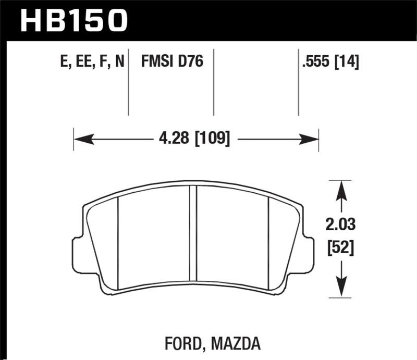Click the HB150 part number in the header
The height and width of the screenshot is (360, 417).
pos(73,20)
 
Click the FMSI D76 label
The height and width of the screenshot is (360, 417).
pos(171,63)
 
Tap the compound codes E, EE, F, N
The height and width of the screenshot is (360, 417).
pos(92,63)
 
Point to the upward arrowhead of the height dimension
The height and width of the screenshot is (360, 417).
pos(340,190)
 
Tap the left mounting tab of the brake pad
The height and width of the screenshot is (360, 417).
pos(77,255)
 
